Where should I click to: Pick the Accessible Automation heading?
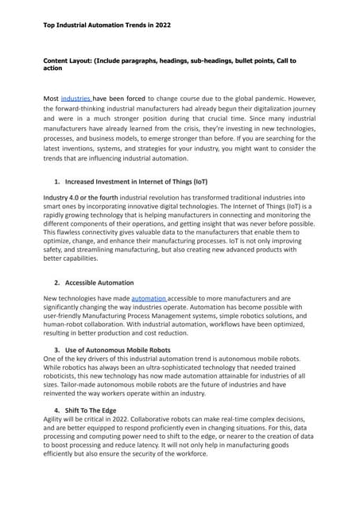point(99,282)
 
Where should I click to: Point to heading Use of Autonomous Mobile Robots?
point(123,350)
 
